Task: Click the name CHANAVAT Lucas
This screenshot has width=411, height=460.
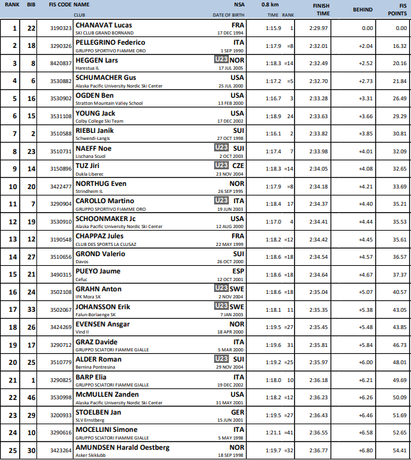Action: pos(104,25)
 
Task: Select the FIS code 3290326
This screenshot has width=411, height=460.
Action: pos(61,46)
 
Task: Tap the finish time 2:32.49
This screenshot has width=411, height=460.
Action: pos(320,63)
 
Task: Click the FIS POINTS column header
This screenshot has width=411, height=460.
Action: pos(399,10)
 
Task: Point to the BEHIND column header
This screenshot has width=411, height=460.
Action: pos(362,10)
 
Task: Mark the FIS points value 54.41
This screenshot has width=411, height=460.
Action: pos(399,450)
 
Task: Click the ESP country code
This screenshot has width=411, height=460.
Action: pos(238,271)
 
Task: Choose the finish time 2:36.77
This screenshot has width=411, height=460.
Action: pos(320,450)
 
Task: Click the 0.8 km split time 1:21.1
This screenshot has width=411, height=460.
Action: pos(274,433)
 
